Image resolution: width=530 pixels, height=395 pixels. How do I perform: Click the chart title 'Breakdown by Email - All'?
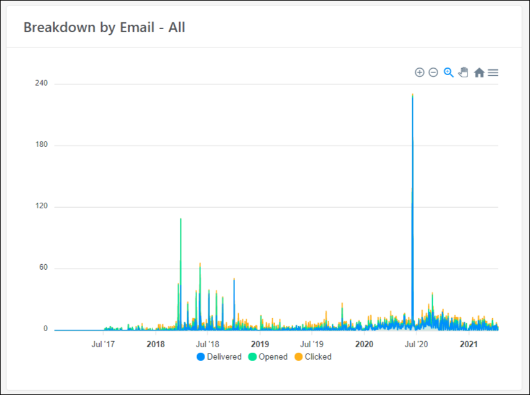pyautogui.click(x=104, y=27)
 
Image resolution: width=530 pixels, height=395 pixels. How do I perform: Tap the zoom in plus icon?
pyautogui.click(x=420, y=73)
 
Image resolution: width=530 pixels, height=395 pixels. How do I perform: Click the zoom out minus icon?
pyautogui.click(x=433, y=73)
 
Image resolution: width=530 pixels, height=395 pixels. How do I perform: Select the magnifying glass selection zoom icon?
pyautogui.click(x=449, y=73)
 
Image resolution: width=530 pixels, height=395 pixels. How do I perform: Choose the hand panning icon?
pyautogui.click(x=463, y=73)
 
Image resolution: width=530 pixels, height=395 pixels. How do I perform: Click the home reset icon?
pyautogui.click(x=479, y=73)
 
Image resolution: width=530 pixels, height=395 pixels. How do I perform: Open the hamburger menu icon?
pyautogui.click(x=493, y=73)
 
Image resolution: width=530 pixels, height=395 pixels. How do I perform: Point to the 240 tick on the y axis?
pyautogui.click(x=42, y=83)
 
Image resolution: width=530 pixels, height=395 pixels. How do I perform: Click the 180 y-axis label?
pyautogui.click(x=42, y=145)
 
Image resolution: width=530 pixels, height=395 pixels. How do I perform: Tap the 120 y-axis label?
pyautogui.click(x=42, y=206)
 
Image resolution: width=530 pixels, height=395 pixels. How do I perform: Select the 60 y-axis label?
pyautogui.click(x=43, y=268)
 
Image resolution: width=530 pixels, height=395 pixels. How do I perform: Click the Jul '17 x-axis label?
pyautogui.click(x=103, y=344)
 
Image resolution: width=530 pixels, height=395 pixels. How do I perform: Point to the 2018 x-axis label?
pyautogui.click(x=156, y=344)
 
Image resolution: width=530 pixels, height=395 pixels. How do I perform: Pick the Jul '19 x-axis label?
pyautogui.click(x=311, y=344)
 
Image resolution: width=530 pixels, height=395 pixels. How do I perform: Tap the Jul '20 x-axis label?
pyautogui.click(x=416, y=344)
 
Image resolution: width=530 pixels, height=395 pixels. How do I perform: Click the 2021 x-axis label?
pyautogui.click(x=469, y=344)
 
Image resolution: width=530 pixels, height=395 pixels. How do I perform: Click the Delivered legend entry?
pyautogui.click(x=219, y=357)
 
